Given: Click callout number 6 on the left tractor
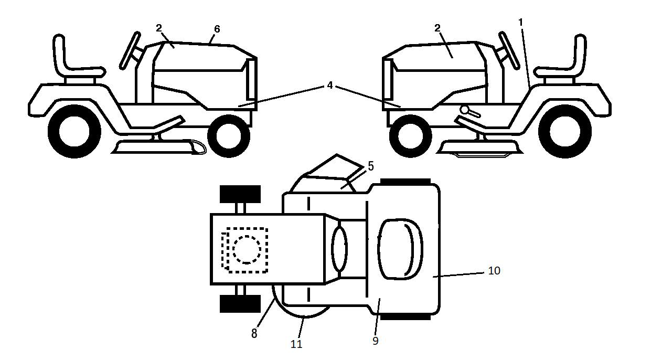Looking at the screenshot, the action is (217, 29).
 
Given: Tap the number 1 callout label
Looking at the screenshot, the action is (521, 22).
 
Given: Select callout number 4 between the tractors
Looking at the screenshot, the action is (330, 86).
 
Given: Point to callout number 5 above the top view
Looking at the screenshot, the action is (370, 166).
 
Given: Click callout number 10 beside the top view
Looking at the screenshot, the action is (494, 270).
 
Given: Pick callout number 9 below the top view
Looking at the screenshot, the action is (376, 341).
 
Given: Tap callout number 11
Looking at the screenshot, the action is (296, 344).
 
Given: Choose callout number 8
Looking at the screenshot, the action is (254, 333).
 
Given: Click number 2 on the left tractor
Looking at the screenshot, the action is (159, 28).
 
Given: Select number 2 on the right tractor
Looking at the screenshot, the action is (437, 28).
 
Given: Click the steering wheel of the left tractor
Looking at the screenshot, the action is (130, 50).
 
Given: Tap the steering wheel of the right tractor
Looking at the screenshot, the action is (509, 50).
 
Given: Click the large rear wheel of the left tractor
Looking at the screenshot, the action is (74, 132).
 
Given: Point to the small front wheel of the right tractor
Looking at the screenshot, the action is (411, 136).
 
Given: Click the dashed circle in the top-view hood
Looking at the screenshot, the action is (247, 249).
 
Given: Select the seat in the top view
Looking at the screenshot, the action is (400, 250).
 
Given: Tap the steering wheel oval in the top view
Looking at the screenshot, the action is (339, 249).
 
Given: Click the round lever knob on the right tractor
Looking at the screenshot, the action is (465, 110).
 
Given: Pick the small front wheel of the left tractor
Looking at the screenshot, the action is (229, 136).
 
